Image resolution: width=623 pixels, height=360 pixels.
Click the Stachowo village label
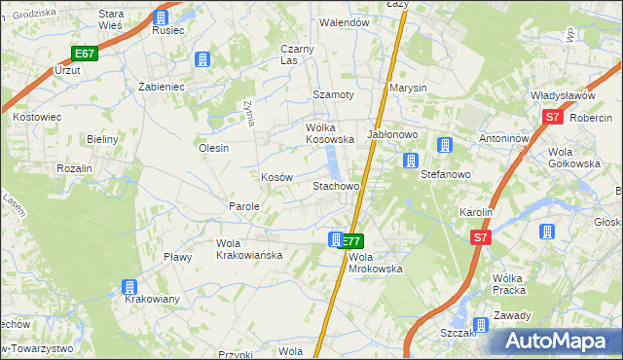[336, 185]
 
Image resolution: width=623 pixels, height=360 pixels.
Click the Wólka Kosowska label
[315, 133]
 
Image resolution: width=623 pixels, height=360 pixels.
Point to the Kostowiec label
[37, 117]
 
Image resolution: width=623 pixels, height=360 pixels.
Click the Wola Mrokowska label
[375, 263]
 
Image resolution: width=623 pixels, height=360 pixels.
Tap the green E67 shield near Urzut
[86, 54]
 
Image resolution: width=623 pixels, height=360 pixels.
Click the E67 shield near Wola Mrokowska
[351, 241]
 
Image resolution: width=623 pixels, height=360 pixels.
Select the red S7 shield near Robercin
[552, 118]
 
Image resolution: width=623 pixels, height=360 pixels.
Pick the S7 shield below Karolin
[480, 236]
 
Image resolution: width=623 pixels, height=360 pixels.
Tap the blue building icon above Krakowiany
[128, 286]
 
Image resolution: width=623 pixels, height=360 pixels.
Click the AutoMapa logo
[557, 341]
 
